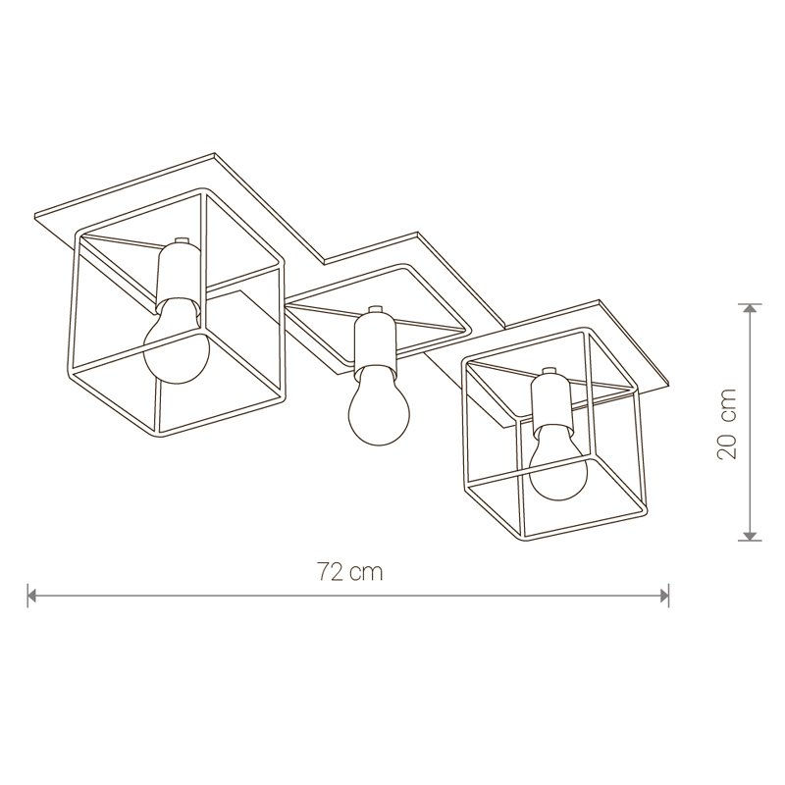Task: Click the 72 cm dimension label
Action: [x=350, y=572]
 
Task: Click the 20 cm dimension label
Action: [x=726, y=423]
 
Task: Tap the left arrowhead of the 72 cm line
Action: [x=32, y=596]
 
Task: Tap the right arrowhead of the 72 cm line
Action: [x=664, y=596]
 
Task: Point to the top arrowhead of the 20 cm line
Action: [x=750, y=308]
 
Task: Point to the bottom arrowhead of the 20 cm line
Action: [x=750, y=536]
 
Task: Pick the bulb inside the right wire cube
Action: [x=558, y=462]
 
